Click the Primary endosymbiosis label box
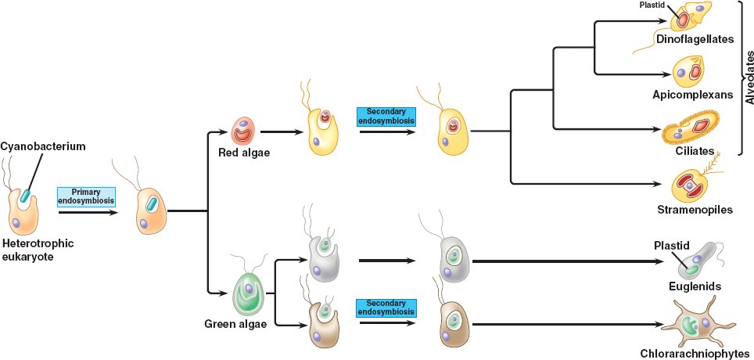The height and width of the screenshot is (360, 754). coord(86,196)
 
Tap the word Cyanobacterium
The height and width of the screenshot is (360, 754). coord(42,146)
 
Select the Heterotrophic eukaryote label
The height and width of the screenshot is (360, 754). coord(38,249)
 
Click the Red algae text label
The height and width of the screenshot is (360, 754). coord(244,152)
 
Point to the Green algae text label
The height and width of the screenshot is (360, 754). coord(236,323)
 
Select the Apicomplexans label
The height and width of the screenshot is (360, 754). coord(692,95)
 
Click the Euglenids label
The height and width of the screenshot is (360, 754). coord(695,286)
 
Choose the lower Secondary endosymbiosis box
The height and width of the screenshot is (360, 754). coord(386,308)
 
